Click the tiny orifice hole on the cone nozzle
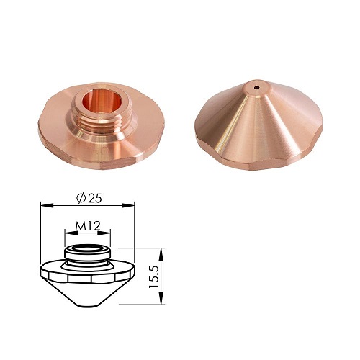256,87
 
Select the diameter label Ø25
89,199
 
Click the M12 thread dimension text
87,225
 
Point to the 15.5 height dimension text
153,277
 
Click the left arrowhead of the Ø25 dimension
47,205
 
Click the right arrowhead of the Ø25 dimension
128,205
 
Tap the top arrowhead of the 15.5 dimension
162,254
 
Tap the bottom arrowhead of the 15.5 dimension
162,298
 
